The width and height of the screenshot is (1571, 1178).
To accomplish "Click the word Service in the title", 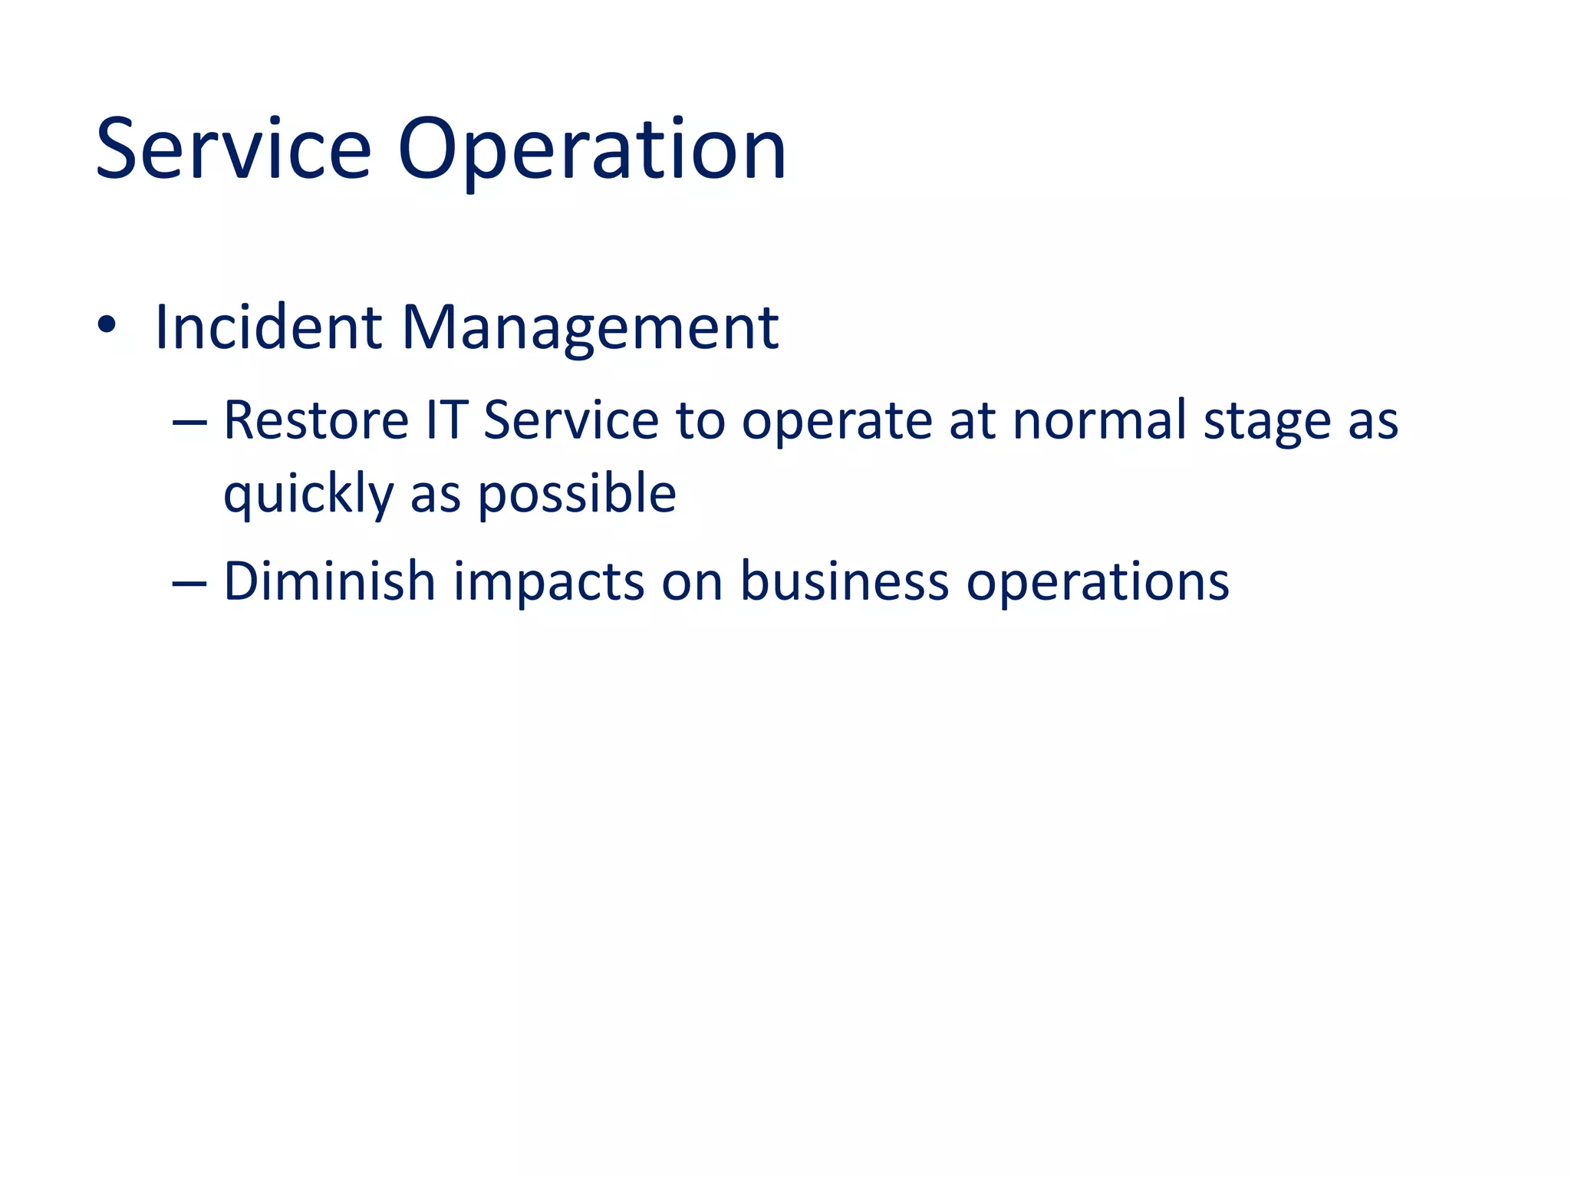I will (233, 149).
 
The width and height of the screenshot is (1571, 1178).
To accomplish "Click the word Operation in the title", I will (591, 149).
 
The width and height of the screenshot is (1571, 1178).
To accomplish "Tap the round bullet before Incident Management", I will (107, 325).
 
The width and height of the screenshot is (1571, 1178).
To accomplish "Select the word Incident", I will (268, 327).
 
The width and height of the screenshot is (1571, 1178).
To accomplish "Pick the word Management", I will (590, 327).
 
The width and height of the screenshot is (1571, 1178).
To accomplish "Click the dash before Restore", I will (189, 423).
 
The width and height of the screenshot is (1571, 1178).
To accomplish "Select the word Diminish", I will (329, 581).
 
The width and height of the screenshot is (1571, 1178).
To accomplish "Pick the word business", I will (844, 581).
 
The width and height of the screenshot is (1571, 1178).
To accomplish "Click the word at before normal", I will (972, 422).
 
